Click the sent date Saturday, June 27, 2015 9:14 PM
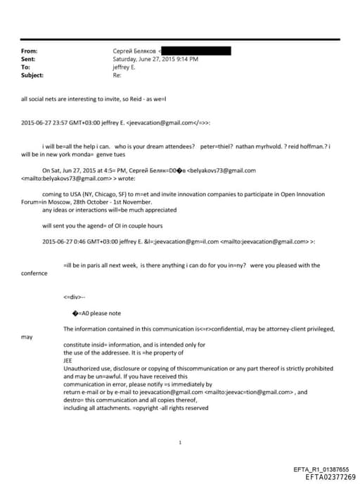155,59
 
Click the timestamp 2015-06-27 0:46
64,241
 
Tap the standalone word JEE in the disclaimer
68,359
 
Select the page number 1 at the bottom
181,442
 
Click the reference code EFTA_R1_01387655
321,469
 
